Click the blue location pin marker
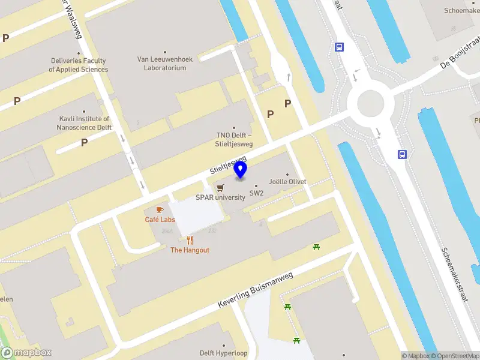point(241,170)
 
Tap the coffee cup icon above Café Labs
point(160,209)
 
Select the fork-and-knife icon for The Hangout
point(190,241)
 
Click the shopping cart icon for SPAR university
point(221,188)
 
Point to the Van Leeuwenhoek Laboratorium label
point(165,64)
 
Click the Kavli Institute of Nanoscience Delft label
point(84,123)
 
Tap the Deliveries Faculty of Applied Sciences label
point(79,65)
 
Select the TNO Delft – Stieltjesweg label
point(235,139)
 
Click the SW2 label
point(257,193)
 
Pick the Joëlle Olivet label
point(287,181)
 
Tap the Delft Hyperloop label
point(224,353)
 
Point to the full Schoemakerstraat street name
point(455,275)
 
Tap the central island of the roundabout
point(370,104)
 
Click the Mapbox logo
point(26,353)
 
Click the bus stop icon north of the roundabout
point(339,47)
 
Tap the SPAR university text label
point(221,197)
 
